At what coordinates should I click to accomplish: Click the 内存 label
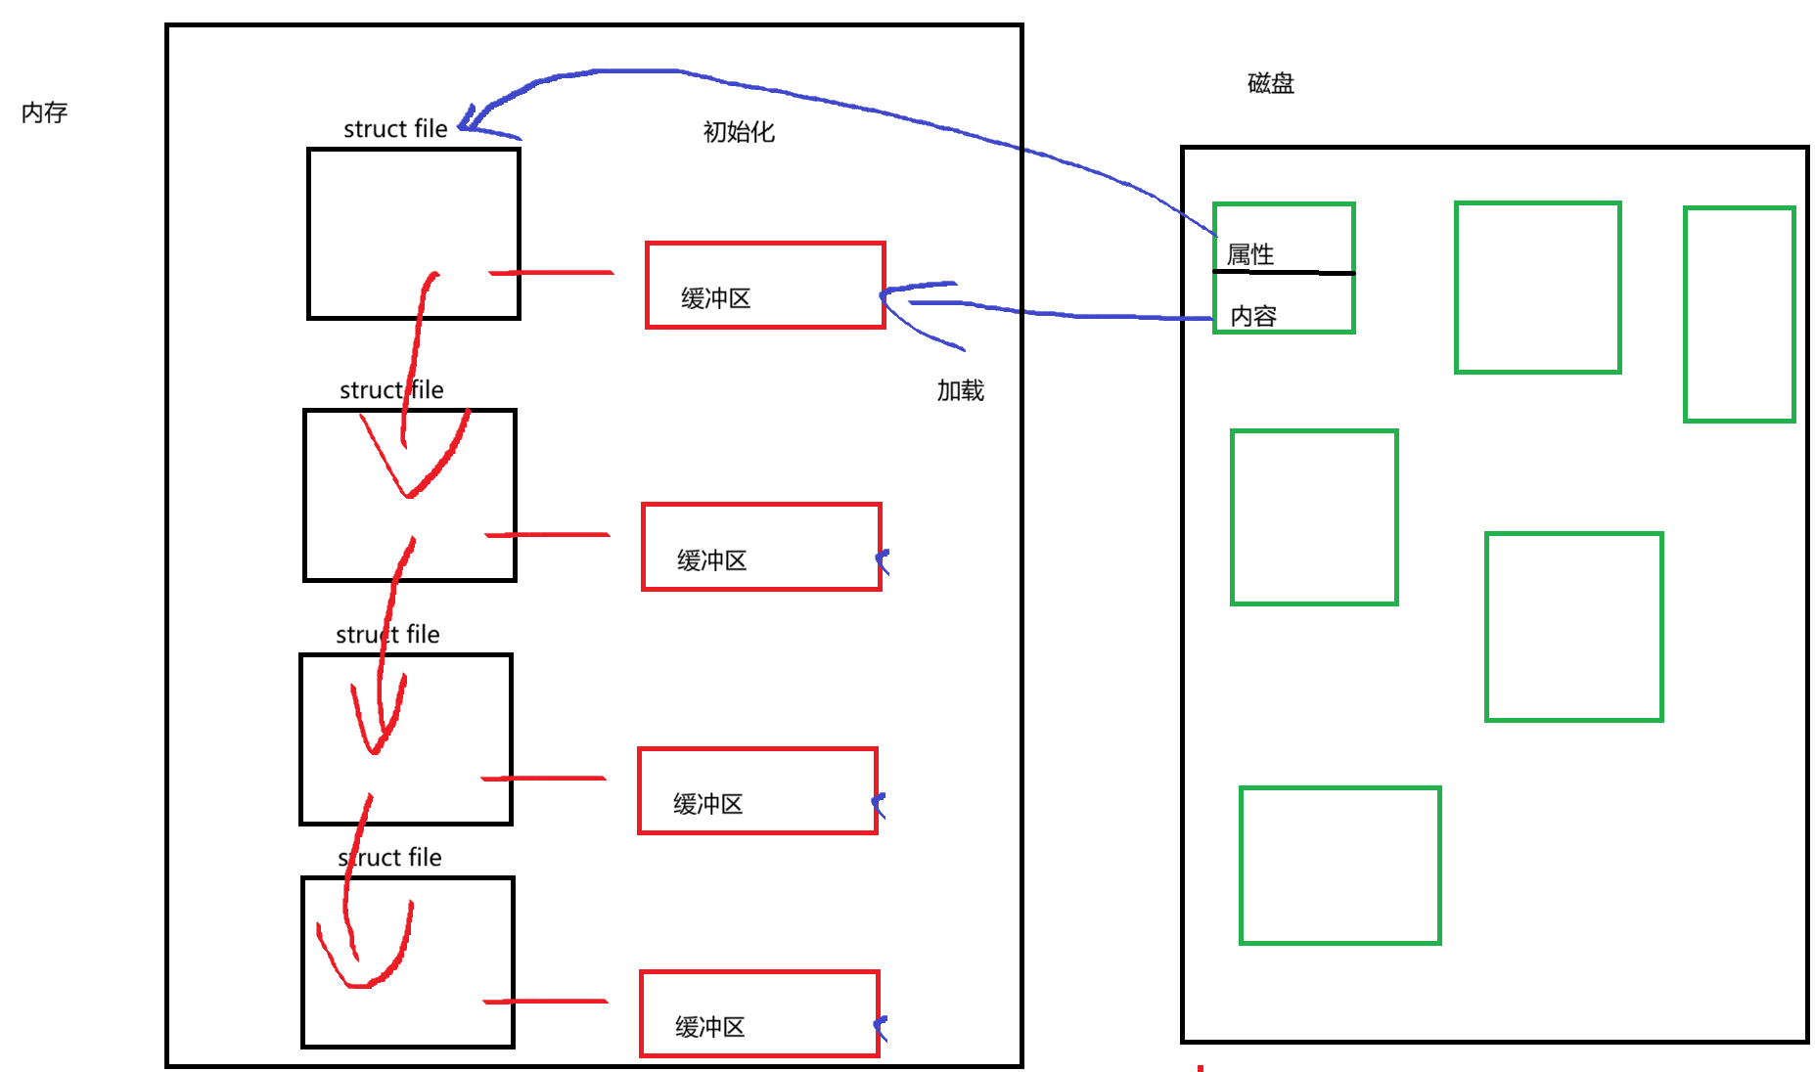(x=44, y=112)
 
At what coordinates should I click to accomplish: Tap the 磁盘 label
(x=1270, y=83)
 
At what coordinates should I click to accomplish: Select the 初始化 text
(x=739, y=132)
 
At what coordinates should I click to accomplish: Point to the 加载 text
(x=960, y=390)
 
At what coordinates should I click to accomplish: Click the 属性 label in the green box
(x=1250, y=255)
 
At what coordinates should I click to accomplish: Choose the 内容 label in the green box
(x=1253, y=316)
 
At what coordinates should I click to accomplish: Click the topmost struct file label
(x=395, y=129)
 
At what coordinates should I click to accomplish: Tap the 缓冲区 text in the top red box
(x=716, y=298)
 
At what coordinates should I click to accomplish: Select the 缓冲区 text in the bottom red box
(x=710, y=1027)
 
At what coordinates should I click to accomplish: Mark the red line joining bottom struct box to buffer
(x=545, y=1002)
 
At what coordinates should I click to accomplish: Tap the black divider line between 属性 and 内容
(x=1284, y=272)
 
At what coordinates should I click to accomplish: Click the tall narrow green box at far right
(x=1739, y=314)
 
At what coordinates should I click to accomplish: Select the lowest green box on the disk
(x=1339, y=866)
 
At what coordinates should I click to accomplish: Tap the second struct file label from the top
(x=391, y=390)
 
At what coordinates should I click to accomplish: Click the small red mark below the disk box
(x=1200, y=1068)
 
